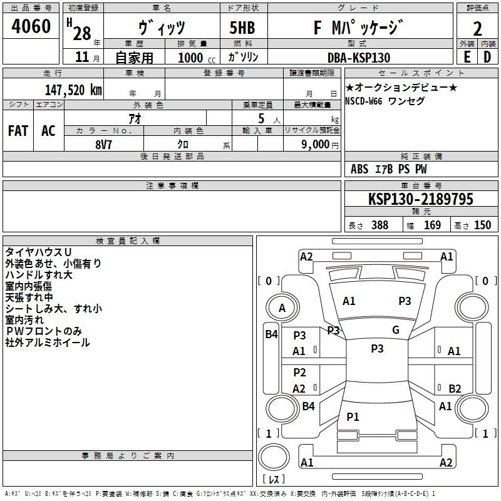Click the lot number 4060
31,27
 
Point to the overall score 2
477,29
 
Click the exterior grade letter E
467,56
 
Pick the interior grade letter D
487,56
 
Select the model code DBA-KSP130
359,58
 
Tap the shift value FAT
18,130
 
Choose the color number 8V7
103,144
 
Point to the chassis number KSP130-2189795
420,199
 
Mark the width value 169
432,225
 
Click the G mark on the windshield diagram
395,329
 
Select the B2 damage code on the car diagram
455,388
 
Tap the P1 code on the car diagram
353,416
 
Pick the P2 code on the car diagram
299,373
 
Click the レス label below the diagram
274,480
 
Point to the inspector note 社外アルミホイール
48,343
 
